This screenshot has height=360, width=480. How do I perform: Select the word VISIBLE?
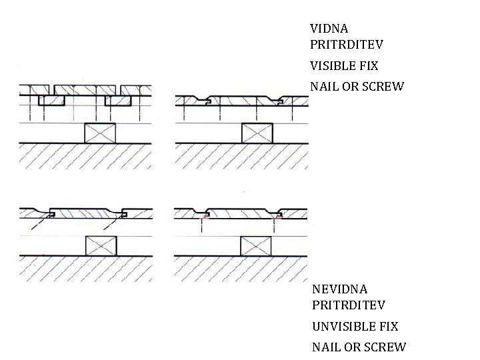pyautogui.click(x=331, y=67)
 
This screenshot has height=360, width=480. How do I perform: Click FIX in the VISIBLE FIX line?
pyautogui.click(x=367, y=67)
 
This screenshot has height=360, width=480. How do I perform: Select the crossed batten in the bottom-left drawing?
pyautogui.click(x=102, y=246)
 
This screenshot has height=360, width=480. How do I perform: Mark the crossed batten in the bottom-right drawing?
pyautogui.click(x=256, y=246)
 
